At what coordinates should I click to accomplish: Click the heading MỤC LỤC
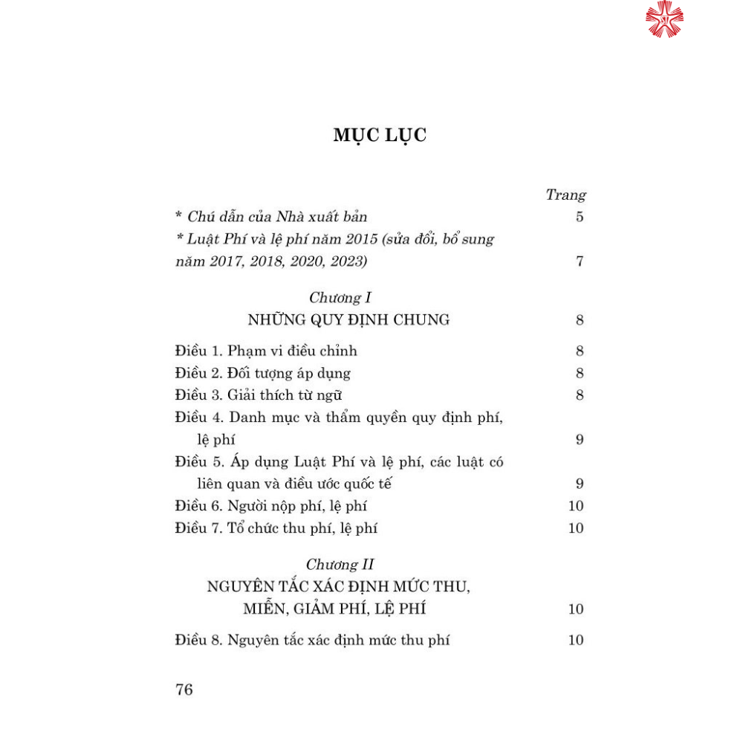(380, 135)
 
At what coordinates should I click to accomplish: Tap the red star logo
(663, 19)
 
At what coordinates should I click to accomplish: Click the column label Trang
(565, 195)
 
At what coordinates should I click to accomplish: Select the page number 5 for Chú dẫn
(580, 217)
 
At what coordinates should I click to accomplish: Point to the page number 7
(580, 262)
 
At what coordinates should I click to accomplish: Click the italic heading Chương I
(340, 298)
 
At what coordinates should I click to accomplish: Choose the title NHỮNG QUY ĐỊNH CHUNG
(348, 320)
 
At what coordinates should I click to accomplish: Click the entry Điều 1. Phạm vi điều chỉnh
(266, 351)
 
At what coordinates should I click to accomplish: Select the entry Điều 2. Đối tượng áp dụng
(263, 373)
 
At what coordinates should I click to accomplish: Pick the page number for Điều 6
(576, 506)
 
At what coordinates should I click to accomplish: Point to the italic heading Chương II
(344, 565)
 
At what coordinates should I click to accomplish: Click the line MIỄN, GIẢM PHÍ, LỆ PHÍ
(334, 609)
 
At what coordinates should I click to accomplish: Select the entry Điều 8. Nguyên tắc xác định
(313, 640)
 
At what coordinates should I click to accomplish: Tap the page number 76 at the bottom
(184, 690)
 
